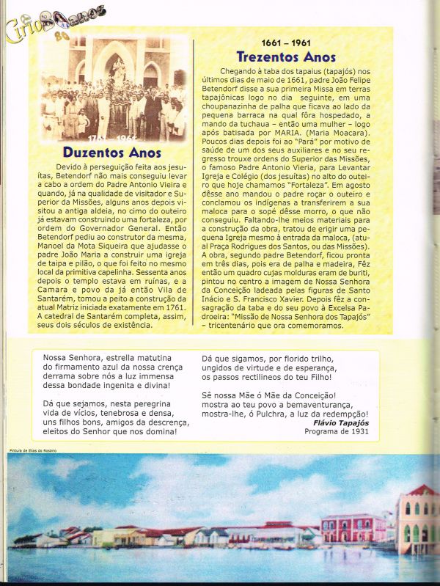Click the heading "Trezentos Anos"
tap(286, 56)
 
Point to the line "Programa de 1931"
tap(339, 432)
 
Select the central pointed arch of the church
tap(117, 62)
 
